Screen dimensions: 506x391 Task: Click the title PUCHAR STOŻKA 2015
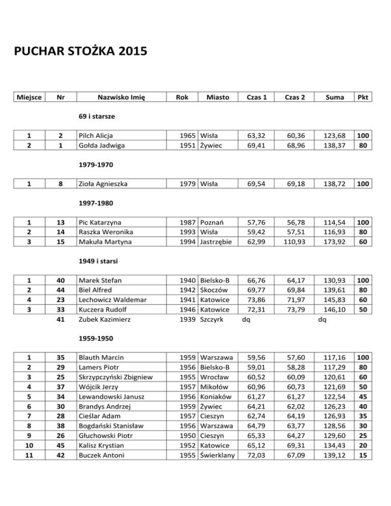pos(80,51)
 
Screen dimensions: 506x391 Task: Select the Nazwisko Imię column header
pos(115,97)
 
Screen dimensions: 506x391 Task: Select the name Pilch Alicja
pos(96,136)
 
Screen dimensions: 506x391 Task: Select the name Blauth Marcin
pos(101,358)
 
